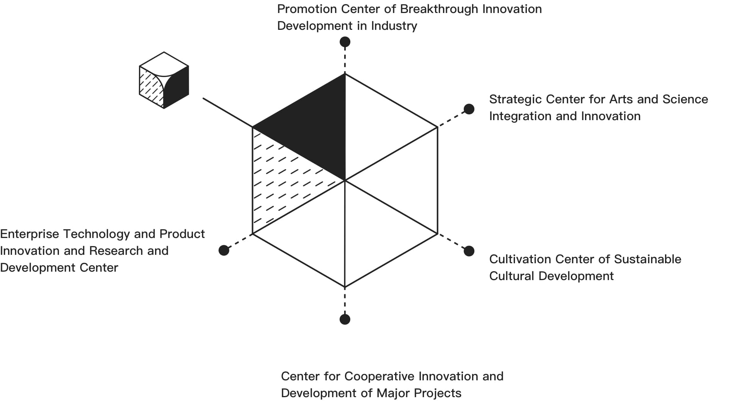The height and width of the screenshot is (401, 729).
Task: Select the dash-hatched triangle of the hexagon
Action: pyautogui.click(x=283, y=180)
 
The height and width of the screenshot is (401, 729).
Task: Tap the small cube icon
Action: pyautogui.click(x=164, y=80)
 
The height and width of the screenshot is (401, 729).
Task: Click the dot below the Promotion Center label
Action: pyautogui.click(x=345, y=42)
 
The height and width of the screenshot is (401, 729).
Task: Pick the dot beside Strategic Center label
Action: pyautogui.click(x=469, y=109)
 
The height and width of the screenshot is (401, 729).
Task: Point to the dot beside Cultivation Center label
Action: pyautogui.click(x=469, y=251)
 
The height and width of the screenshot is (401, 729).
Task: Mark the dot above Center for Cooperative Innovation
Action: pyautogui.click(x=345, y=319)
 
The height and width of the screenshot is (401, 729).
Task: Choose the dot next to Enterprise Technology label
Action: pyautogui.click(x=224, y=250)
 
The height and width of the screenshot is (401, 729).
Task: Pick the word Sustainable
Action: pyautogui.click(x=648, y=259)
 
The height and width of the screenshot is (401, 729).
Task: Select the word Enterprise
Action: pyautogui.click(x=29, y=234)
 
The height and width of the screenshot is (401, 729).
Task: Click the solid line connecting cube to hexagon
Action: pyautogui.click(x=227, y=112)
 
